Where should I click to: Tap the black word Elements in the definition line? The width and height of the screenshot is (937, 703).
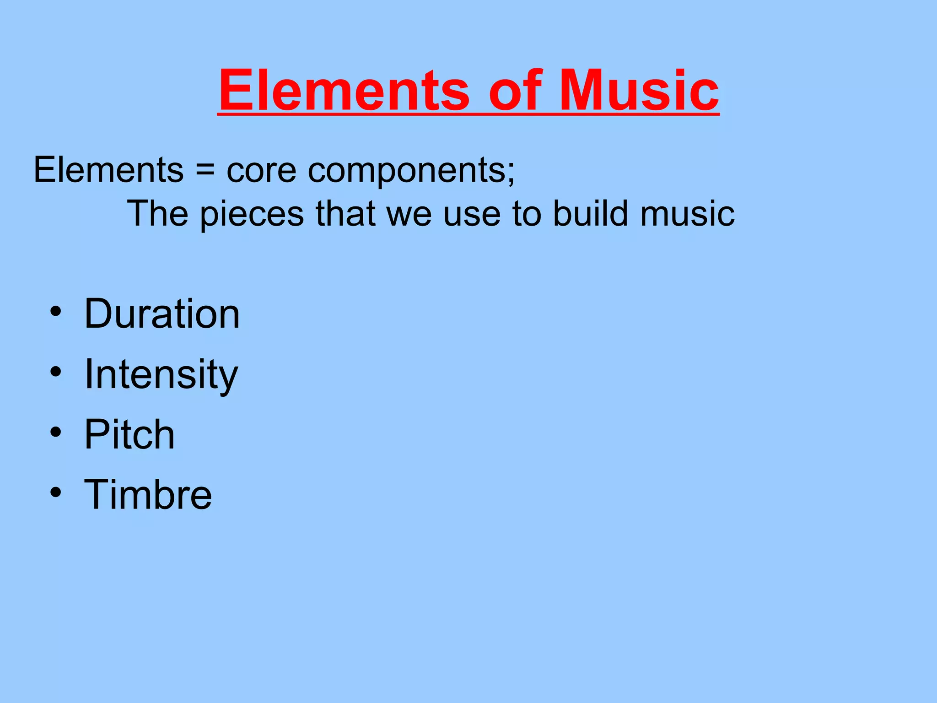pos(108,169)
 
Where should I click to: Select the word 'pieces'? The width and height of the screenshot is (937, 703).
pos(252,214)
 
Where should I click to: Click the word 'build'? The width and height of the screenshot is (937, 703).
pos(590,213)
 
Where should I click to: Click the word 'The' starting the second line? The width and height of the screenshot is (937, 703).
pos(157,213)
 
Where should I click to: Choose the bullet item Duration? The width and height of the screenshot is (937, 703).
pos(162,314)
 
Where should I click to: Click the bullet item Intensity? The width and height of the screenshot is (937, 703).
pos(161,374)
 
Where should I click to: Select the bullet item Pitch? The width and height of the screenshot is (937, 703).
pos(129,434)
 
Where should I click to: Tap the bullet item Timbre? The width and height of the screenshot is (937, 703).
pos(148,494)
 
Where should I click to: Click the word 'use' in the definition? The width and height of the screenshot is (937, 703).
pos(472,214)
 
